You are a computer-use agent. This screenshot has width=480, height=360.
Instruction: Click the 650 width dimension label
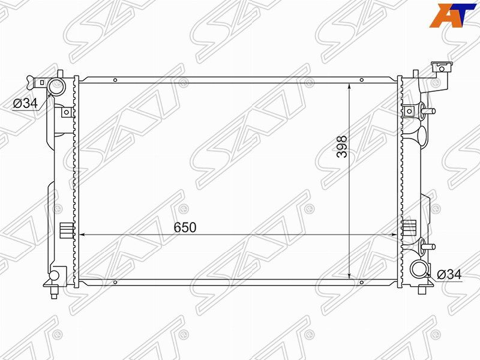point(185,227)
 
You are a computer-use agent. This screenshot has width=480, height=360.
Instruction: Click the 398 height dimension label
point(342,146)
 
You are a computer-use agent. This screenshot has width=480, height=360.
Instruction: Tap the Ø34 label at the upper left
point(25,103)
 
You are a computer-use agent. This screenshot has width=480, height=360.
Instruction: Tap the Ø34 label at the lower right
point(449,274)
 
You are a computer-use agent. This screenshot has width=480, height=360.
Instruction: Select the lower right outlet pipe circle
point(418,269)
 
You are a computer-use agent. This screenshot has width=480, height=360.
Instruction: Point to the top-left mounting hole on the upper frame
point(115,80)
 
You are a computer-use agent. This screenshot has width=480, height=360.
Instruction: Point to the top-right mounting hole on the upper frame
point(362,80)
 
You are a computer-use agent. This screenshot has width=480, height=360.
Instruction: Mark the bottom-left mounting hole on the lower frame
point(115,282)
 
